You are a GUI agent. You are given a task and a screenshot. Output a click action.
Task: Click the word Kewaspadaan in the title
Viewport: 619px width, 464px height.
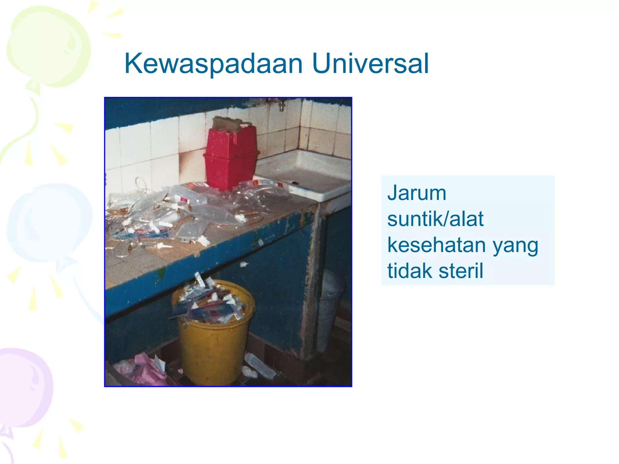click(213, 64)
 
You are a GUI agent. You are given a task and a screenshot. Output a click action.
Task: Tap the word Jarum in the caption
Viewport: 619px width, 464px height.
click(416, 193)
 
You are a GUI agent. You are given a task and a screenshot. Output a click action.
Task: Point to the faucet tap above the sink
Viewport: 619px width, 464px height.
click(281, 106)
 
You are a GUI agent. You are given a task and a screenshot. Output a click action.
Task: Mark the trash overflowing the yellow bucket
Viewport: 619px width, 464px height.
click(209, 302)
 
